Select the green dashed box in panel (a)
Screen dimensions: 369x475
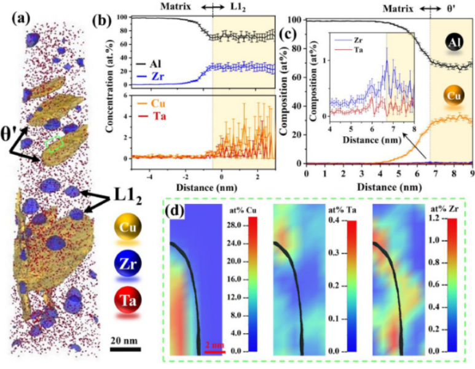point(55,144)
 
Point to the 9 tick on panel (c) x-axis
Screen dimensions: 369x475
point(471,174)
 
